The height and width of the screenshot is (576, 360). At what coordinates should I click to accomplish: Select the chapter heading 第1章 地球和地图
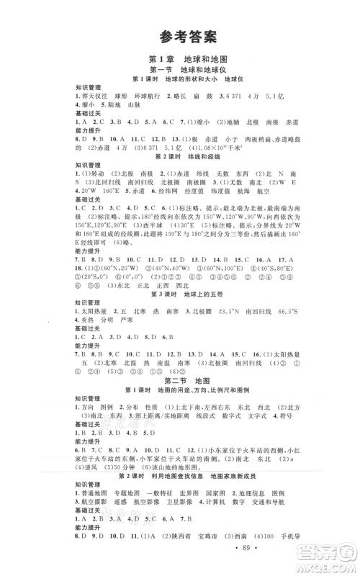tap(179, 59)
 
